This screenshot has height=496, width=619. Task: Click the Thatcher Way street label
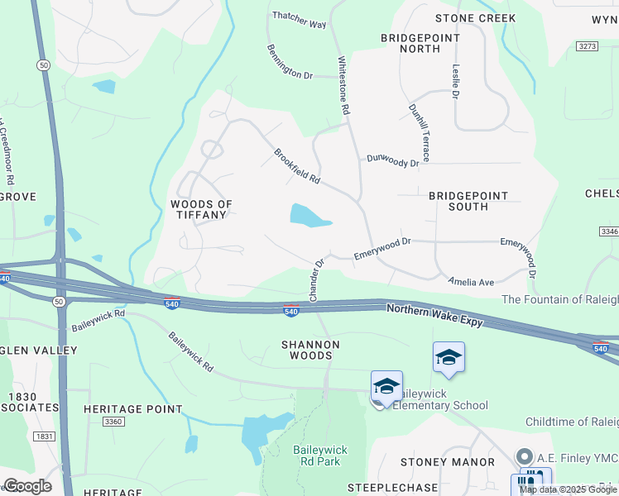300,20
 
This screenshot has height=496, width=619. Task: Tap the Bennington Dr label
290,63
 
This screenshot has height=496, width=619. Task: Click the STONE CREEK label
475,18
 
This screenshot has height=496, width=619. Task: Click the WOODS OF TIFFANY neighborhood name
201,209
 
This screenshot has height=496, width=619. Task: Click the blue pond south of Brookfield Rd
306,217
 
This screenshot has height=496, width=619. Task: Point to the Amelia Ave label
471,282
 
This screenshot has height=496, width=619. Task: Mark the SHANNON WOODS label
310,350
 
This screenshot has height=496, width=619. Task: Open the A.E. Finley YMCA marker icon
523,456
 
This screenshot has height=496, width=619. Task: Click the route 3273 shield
587,46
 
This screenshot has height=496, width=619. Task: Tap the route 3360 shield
113,422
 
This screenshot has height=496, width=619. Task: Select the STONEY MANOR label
448,462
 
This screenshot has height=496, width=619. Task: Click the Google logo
26,486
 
